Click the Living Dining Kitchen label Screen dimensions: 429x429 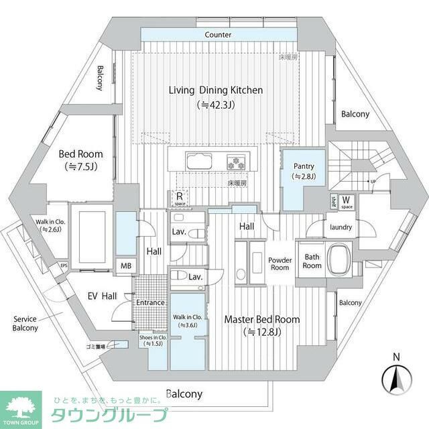(215, 90)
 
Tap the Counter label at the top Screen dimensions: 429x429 (218, 35)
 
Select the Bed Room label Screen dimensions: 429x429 (80, 154)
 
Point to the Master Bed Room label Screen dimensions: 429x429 (261, 319)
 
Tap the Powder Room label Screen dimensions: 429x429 (280, 263)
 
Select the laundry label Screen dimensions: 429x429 (341, 227)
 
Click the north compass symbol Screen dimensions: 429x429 (395, 380)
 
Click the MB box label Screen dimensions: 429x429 (126, 265)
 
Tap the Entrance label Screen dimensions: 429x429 (150, 302)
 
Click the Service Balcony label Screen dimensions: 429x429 (25, 323)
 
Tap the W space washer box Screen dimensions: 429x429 (347, 200)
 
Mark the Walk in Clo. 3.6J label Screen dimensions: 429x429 (188, 320)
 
